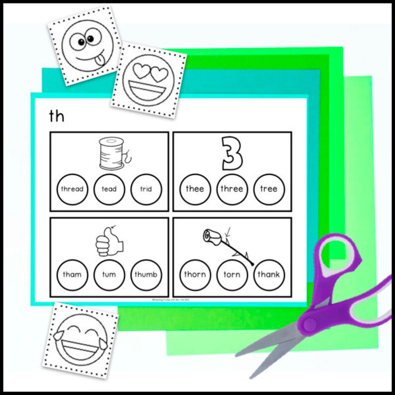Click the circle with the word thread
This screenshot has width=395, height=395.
tap(72, 189)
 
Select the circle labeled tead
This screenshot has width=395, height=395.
tap(109, 189)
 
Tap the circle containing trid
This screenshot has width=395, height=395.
tap(146, 189)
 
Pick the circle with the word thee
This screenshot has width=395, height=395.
tap(195, 189)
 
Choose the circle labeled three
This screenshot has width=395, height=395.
tap(232, 189)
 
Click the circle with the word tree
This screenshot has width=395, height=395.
tap(269, 189)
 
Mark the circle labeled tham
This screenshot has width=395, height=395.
tap(72, 275)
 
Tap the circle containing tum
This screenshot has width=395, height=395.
tap(109, 275)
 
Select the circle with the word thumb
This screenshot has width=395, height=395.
tap(146, 275)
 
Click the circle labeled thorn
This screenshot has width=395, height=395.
tap(195, 275)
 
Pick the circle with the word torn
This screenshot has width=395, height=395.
tap(232, 275)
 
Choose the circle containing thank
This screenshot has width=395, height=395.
tap(269, 275)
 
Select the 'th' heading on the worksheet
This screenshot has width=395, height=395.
tap(57, 116)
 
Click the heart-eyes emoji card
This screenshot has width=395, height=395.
tap(148, 81)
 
